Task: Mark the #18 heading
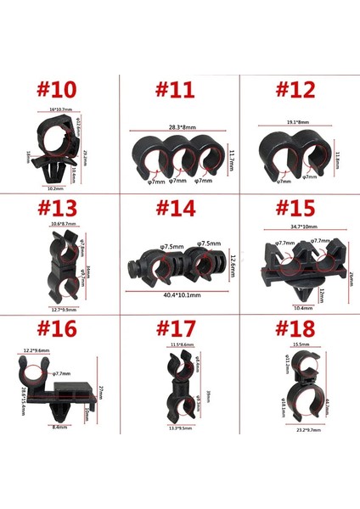tap(296, 329)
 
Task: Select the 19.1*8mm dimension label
tap(295, 124)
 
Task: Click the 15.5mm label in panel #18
tap(296, 345)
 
